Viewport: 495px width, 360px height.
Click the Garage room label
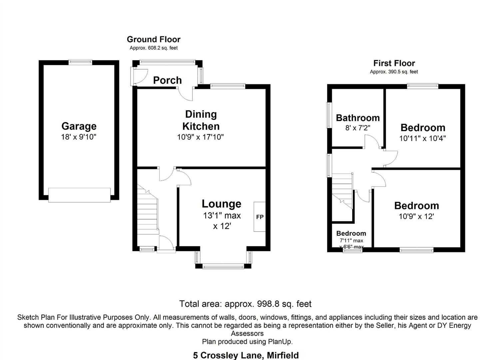(x=79, y=126)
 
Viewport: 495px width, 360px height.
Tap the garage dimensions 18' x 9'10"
(x=79, y=137)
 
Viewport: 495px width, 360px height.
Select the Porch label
(x=167, y=80)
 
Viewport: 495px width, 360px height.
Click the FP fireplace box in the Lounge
(x=259, y=217)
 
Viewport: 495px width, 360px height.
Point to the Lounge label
(x=222, y=204)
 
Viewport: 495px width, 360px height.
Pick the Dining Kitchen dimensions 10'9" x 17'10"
(x=200, y=137)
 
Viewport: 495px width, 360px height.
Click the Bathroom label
(x=358, y=118)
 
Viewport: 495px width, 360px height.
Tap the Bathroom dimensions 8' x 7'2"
(x=358, y=128)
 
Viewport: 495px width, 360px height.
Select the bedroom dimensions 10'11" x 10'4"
(x=422, y=138)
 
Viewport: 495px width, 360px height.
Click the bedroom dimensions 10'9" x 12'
(x=416, y=217)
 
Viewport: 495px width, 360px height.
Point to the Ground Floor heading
(x=154, y=39)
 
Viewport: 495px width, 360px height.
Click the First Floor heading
(x=394, y=63)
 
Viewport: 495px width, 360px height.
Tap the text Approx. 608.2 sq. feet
(x=154, y=48)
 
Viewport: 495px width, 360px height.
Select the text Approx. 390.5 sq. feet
(x=394, y=72)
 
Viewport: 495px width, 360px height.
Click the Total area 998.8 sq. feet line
(x=245, y=304)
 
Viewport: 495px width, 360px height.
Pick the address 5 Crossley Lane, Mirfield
(x=246, y=355)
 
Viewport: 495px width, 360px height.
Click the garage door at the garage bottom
(x=79, y=195)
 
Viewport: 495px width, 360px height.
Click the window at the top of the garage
(x=80, y=62)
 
